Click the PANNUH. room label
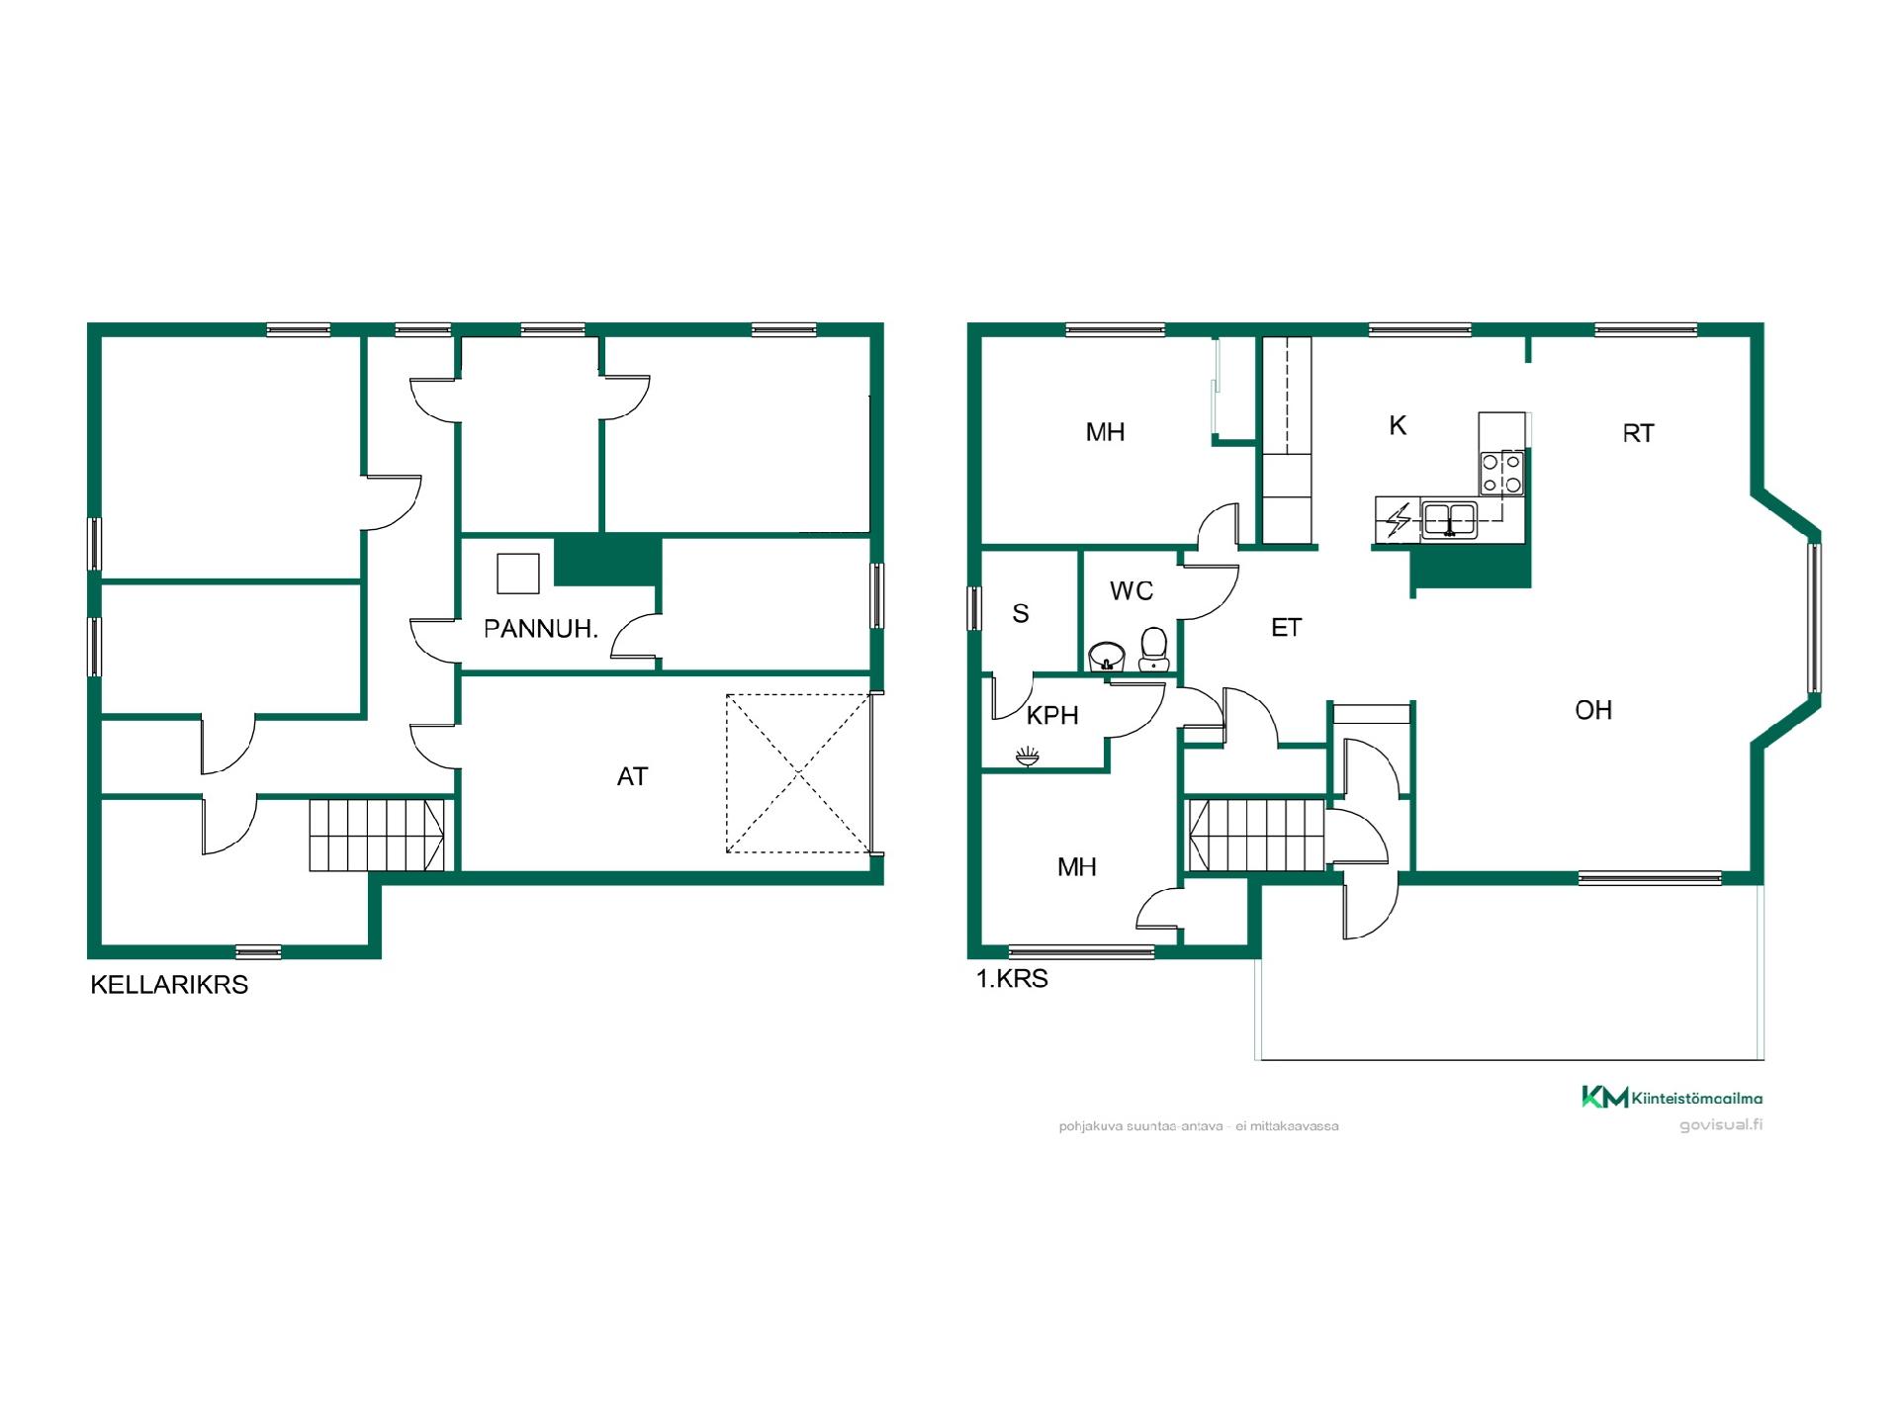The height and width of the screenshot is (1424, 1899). pos(541,629)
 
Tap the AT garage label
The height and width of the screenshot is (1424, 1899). pos(632,777)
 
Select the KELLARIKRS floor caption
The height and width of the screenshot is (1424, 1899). pos(169,985)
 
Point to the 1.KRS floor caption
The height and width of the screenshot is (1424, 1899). pos(1012,979)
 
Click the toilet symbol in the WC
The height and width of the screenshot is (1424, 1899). pos(1153,649)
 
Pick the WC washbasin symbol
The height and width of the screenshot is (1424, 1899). pos(1107,657)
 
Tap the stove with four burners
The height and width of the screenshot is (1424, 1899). pos(1501,473)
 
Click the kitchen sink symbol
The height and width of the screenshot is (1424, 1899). pos(1449,518)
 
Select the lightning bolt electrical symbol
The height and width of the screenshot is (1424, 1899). pos(1399,520)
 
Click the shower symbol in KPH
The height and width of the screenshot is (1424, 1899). pos(1028,757)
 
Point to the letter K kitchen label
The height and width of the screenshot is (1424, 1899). pos(1398,425)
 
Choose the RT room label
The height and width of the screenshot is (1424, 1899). pos(1638,433)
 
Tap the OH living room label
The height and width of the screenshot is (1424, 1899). pos(1593,710)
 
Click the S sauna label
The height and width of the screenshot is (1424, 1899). pos(1021,613)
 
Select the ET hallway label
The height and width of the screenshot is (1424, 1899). pos(1286,628)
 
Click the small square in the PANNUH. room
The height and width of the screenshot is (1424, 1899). pos(518,574)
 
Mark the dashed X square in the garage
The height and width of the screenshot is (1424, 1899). pos(799,773)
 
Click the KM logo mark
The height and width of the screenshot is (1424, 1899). pos(1604,1097)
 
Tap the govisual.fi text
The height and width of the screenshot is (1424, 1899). pos(1721,1125)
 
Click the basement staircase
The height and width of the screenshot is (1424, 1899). pos(377,835)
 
